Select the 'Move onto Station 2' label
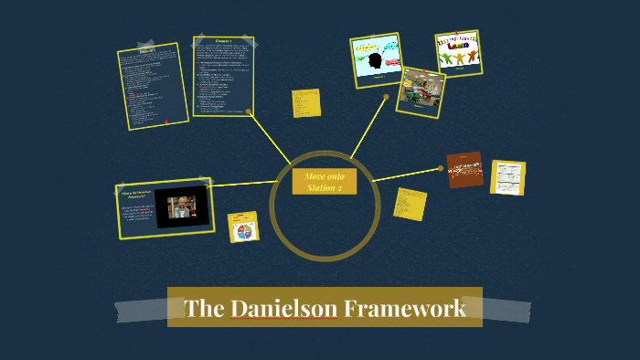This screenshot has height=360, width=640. (324, 181)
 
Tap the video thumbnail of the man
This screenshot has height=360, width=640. (181, 209)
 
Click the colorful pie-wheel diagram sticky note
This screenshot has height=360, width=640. (243, 228)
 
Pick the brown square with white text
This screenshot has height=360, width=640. (464, 170)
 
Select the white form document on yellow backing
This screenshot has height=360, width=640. (507, 177)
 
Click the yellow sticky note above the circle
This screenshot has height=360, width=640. (305, 103)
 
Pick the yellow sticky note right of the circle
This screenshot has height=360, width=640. (411, 203)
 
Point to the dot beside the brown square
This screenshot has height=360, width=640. (442, 168)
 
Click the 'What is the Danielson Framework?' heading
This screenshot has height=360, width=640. (136, 195)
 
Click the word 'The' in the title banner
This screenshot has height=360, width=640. (199, 308)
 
